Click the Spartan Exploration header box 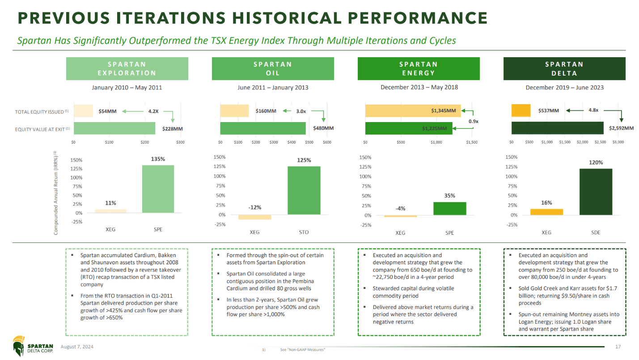tap(127, 68)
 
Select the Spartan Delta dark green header tap(564, 68)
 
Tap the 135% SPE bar tap(158, 189)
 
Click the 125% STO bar tap(304, 190)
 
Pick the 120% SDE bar tap(596, 192)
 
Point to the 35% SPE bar tap(449, 208)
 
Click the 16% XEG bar tap(546, 212)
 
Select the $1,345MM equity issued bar tap(413, 110)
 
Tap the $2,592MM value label tap(621, 128)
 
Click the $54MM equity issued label tap(108, 111)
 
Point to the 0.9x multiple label tap(473, 121)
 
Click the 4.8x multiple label tap(593, 110)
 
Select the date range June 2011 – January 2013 tap(273, 88)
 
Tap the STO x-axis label tap(304, 232)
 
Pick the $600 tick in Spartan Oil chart tap(327, 142)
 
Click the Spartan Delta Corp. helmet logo tap(19, 346)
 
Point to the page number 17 tap(618, 347)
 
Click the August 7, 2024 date tap(77, 347)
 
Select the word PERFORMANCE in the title tap(418, 18)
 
